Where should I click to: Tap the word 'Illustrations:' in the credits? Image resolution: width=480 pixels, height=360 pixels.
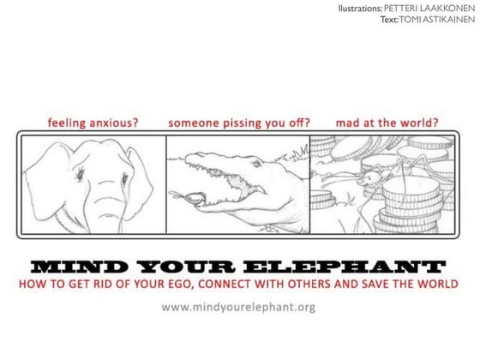tap(361, 8)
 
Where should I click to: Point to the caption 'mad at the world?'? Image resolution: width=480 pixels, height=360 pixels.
tap(387, 122)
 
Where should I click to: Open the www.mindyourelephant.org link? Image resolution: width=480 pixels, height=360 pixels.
tap(239, 306)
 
